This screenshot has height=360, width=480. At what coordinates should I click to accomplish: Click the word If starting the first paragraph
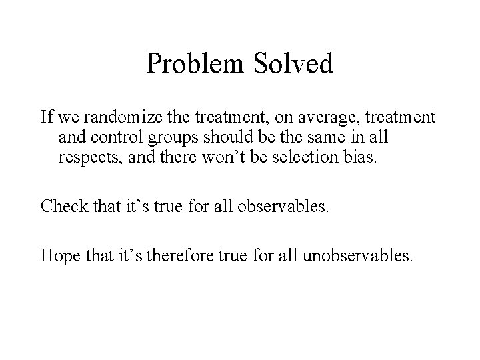pos(46,118)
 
